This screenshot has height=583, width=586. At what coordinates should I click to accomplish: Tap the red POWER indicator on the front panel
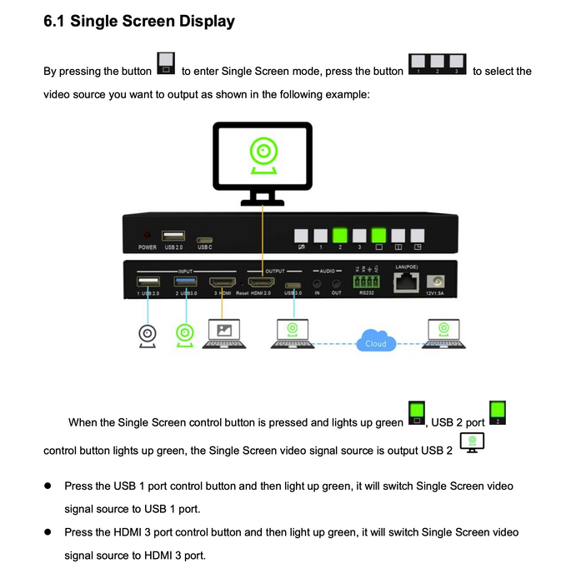tap(148, 237)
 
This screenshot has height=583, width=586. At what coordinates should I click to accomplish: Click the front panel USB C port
tap(204, 237)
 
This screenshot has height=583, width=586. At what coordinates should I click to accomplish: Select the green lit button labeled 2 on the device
tap(339, 236)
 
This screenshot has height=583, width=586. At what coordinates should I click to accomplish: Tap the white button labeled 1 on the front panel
tap(320, 236)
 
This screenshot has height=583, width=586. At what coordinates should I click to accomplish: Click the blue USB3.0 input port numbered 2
tap(184, 283)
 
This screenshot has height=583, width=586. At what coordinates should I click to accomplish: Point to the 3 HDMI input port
tap(222, 283)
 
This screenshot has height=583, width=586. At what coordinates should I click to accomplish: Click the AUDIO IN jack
tap(318, 284)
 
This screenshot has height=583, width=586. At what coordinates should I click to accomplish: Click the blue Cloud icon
tap(374, 341)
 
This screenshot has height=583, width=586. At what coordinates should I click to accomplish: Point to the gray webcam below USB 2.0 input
tap(147, 334)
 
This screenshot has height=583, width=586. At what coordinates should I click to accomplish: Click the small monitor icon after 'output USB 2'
tap(472, 442)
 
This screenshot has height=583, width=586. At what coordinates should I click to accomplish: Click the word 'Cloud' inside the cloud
tap(374, 343)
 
